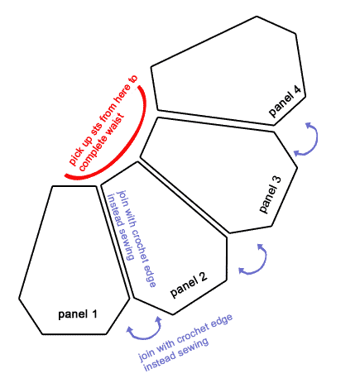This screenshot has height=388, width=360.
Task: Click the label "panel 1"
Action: [78, 314]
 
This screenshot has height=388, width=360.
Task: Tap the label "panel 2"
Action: [189, 285]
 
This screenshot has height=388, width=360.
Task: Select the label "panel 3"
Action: [271, 194]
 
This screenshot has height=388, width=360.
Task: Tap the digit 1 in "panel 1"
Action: [94, 314]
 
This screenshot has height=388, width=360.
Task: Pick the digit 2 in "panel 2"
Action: [203, 277]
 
